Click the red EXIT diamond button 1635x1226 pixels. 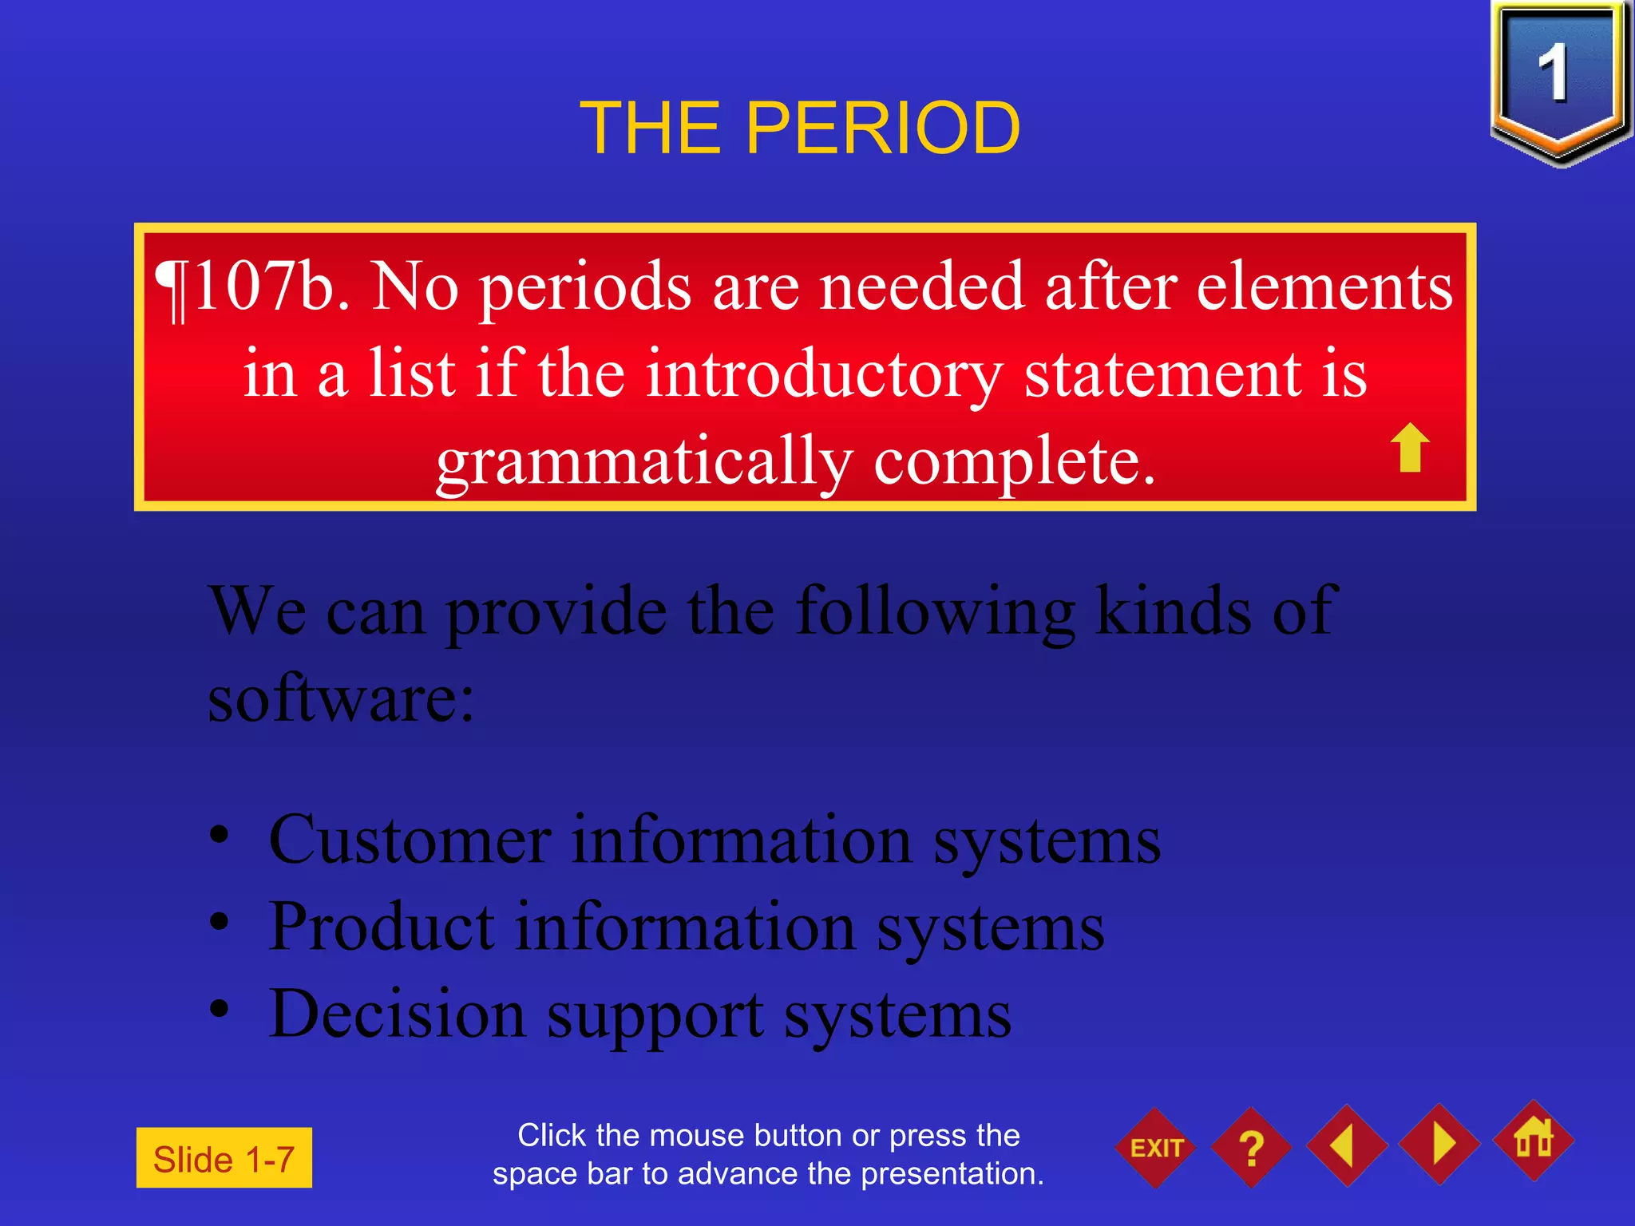1155,1148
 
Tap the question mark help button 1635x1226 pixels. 1251,1148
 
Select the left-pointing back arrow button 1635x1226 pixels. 1346,1145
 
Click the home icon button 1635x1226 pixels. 1534,1141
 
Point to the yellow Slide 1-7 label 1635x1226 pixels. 224,1158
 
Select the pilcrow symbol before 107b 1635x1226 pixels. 172,289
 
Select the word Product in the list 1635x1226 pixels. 382,927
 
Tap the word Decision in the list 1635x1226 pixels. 397,1014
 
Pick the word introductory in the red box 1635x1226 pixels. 823,374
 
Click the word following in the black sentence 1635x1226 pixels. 935,611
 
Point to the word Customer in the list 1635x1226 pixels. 410,840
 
